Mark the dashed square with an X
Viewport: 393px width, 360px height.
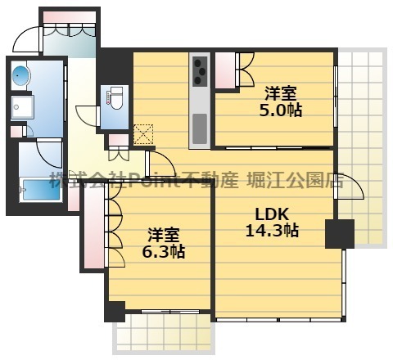pos(143,133)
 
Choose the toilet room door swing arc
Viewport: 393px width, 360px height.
pos(86,116)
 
